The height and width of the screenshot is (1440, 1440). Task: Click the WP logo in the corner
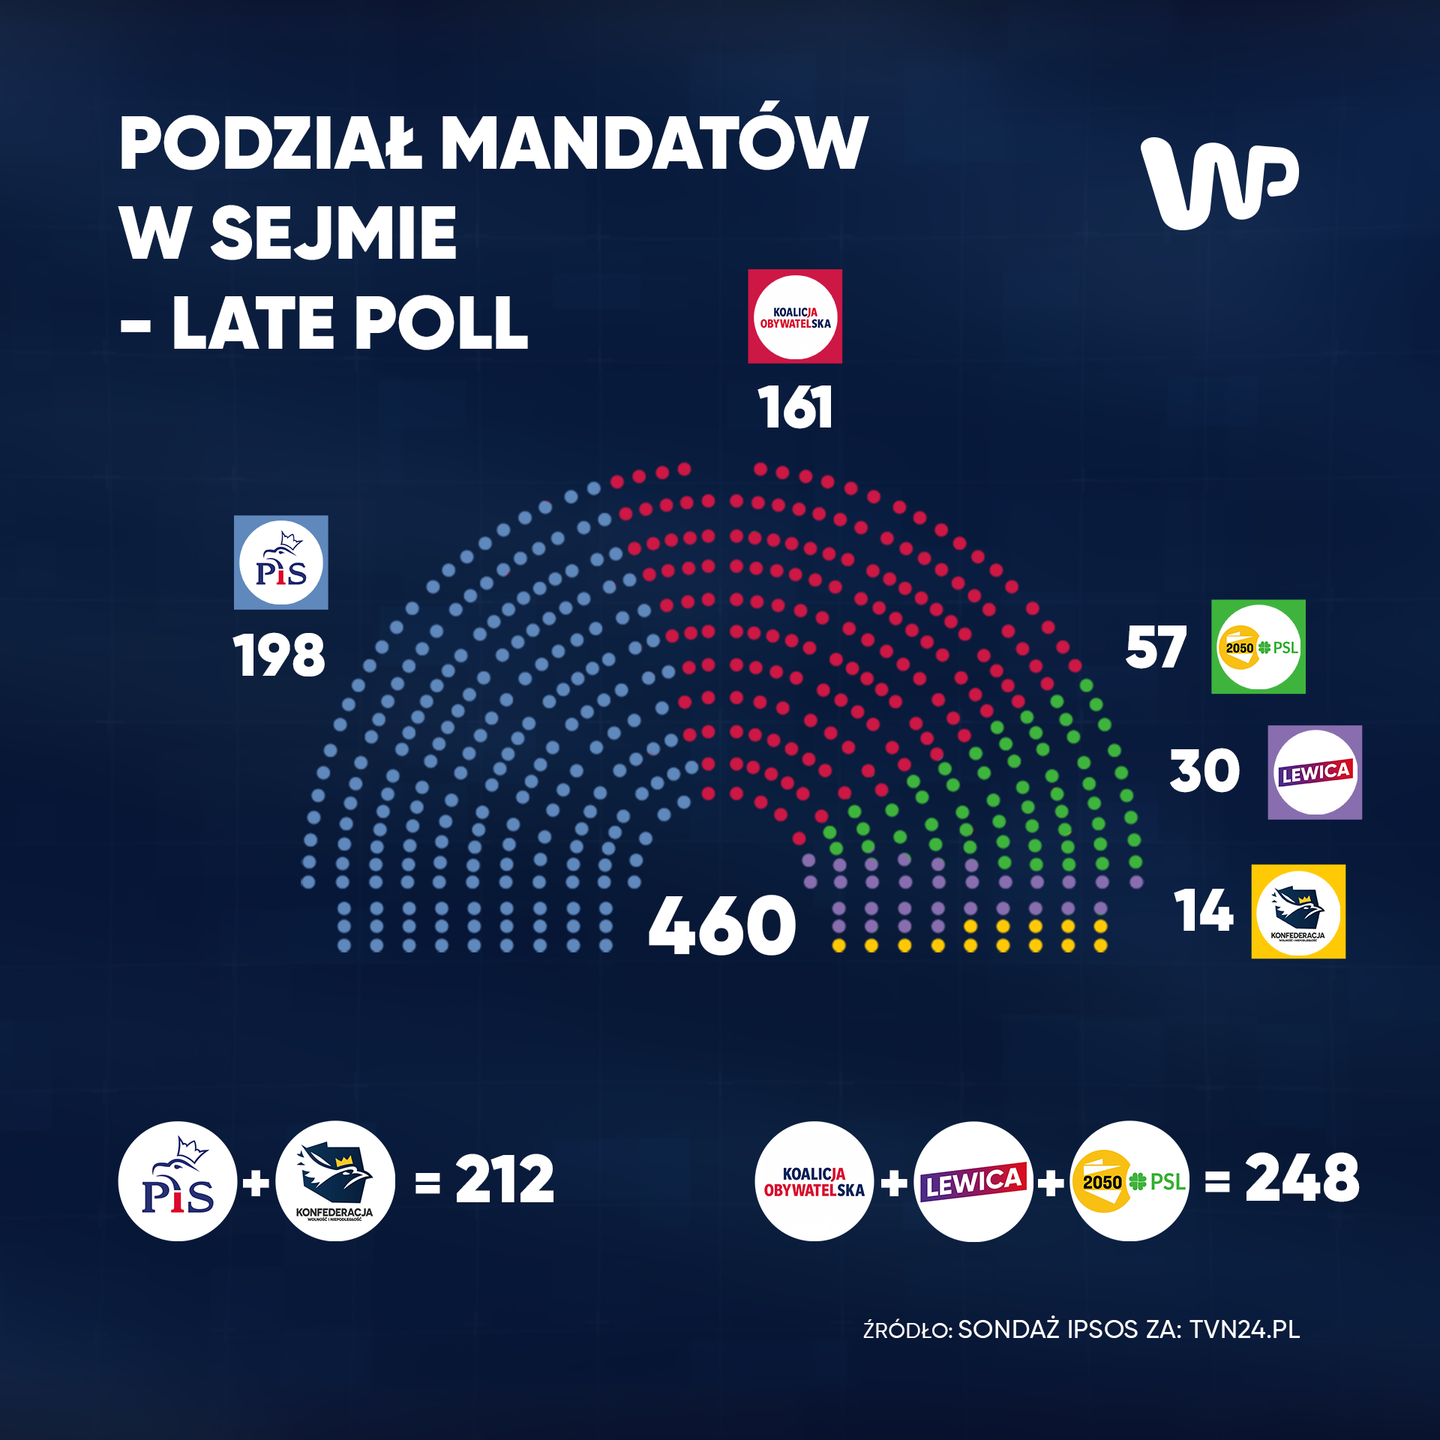click(1219, 182)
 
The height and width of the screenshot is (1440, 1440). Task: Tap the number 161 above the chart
click(795, 408)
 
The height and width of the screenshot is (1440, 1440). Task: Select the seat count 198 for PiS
click(280, 656)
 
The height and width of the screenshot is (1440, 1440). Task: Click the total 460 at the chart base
click(722, 926)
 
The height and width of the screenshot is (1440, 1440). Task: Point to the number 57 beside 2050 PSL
click(1156, 647)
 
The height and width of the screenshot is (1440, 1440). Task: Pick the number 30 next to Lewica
click(1205, 771)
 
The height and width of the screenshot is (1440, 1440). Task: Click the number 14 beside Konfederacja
click(1204, 912)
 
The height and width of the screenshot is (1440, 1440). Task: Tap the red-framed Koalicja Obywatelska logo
click(795, 316)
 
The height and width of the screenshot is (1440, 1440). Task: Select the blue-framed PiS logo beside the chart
click(281, 562)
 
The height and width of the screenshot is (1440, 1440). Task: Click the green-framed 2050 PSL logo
click(1258, 647)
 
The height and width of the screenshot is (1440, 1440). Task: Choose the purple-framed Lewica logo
click(1315, 772)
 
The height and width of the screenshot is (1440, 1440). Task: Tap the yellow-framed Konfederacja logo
click(1298, 912)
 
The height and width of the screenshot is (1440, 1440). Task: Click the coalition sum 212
click(504, 1180)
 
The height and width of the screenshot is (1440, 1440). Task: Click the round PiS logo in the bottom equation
click(178, 1181)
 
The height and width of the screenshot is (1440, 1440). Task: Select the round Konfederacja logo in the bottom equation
click(335, 1181)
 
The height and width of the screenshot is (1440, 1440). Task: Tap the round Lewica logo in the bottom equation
click(973, 1182)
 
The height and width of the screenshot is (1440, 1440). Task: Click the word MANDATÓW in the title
click(654, 144)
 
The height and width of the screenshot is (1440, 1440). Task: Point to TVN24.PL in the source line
click(1245, 1329)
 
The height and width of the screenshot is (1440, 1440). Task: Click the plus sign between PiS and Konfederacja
click(257, 1183)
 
